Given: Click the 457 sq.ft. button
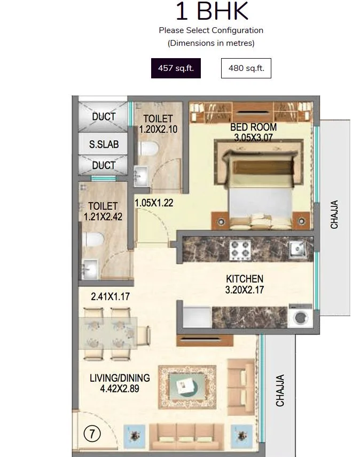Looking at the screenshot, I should (x=176, y=68).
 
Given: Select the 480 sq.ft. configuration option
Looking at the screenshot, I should (x=246, y=68).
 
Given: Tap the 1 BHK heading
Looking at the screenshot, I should (x=212, y=12).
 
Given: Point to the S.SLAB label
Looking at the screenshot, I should (x=104, y=145).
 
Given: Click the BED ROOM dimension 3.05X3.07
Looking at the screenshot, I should (x=253, y=138).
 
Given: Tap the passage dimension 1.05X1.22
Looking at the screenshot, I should (x=154, y=203).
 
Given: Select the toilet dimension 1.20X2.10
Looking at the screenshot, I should (x=158, y=129).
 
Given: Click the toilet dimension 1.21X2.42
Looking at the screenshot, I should (x=103, y=217).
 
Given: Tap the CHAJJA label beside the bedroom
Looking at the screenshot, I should (x=334, y=214).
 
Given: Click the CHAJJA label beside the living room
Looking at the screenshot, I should (x=280, y=390).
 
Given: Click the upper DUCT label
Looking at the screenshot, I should (x=104, y=117).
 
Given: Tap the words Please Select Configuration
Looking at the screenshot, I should (x=211, y=30).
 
